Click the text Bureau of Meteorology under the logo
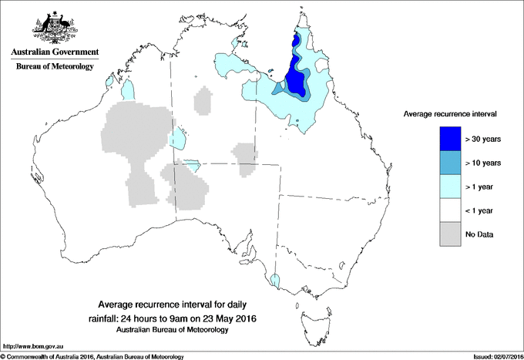click(55, 67)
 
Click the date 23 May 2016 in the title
click(227, 318)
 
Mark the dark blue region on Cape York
click(294, 73)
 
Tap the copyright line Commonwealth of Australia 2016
click(92, 356)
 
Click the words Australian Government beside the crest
click(55, 52)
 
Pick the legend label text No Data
click(479, 234)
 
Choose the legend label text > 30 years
click(484, 139)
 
